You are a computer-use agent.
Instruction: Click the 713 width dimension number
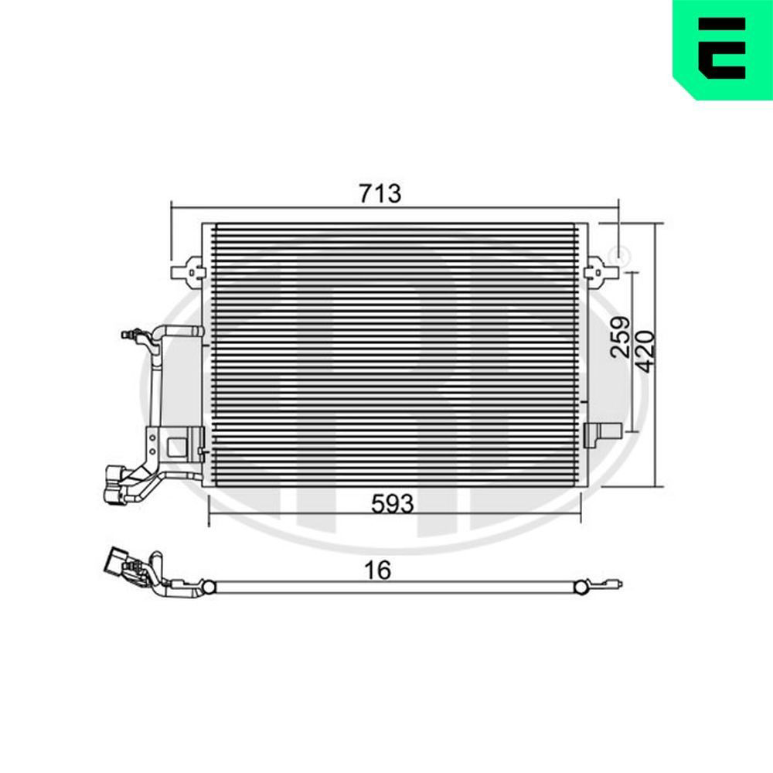(x=380, y=193)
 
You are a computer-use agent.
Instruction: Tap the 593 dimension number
(x=393, y=504)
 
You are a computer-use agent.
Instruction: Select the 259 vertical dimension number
(x=620, y=337)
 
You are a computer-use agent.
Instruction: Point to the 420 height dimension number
(x=645, y=352)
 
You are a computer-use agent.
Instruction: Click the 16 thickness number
(x=378, y=570)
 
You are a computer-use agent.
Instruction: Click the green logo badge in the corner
(x=723, y=49)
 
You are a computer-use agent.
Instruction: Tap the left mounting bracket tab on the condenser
(x=186, y=272)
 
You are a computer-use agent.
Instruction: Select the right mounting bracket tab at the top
(x=601, y=272)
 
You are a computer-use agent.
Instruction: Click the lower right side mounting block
(x=602, y=434)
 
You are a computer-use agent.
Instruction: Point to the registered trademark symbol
(x=622, y=255)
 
